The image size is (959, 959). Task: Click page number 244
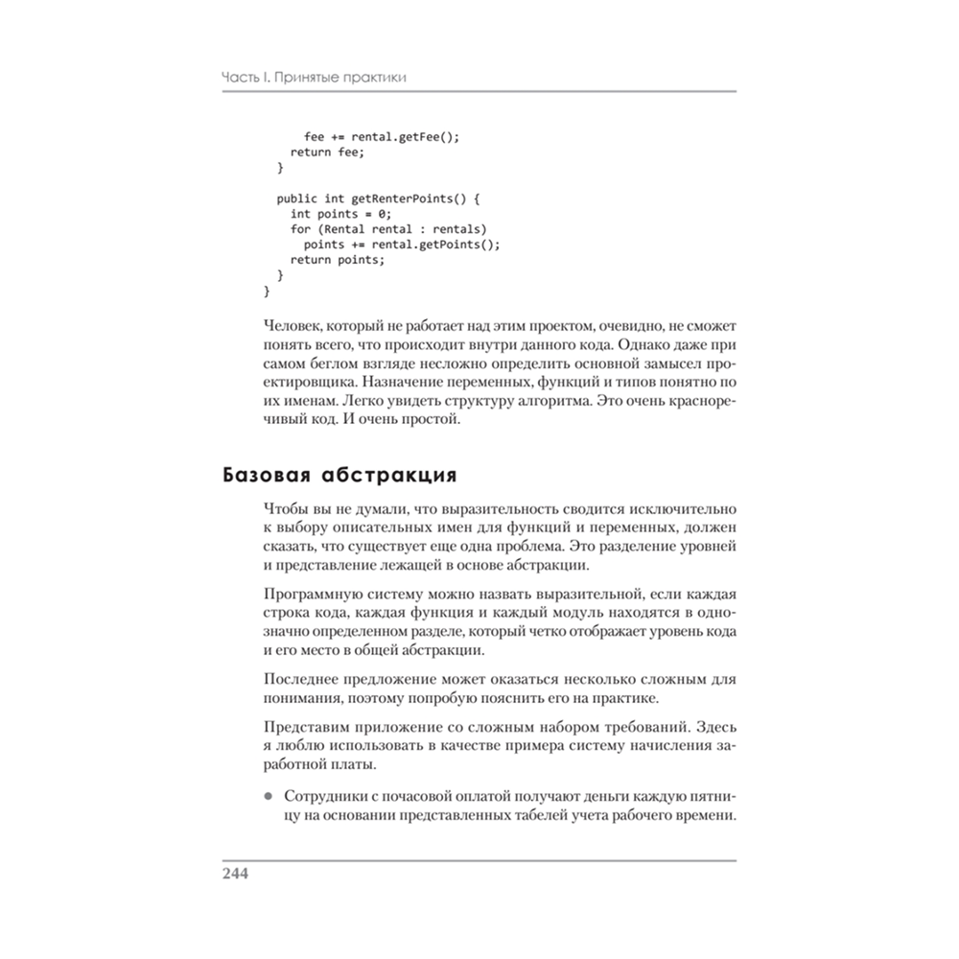pos(236,874)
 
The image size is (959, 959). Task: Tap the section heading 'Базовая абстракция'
pos(339,475)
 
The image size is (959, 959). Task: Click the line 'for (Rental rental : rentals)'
pos(388,229)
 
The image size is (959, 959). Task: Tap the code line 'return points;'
pos(337,260)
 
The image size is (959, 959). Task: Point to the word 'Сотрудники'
pos(324,797)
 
